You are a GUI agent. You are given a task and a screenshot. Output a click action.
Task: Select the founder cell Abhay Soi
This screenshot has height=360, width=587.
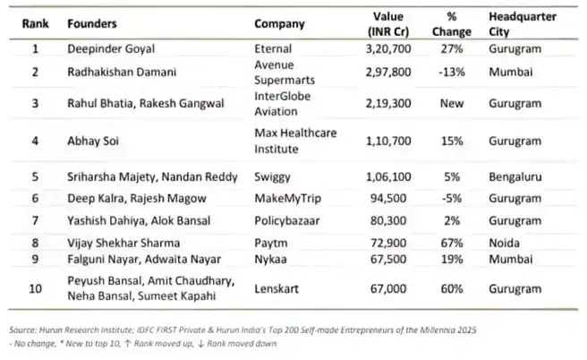click(x=90, y=141)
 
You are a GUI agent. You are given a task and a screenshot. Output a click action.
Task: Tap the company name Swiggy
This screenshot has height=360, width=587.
click(x=272, y=177)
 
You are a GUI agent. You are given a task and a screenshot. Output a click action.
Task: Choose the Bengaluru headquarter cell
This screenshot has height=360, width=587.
click(x=517, y=177)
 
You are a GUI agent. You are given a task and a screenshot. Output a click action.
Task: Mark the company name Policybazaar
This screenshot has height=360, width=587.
click(x=286, y=219)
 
